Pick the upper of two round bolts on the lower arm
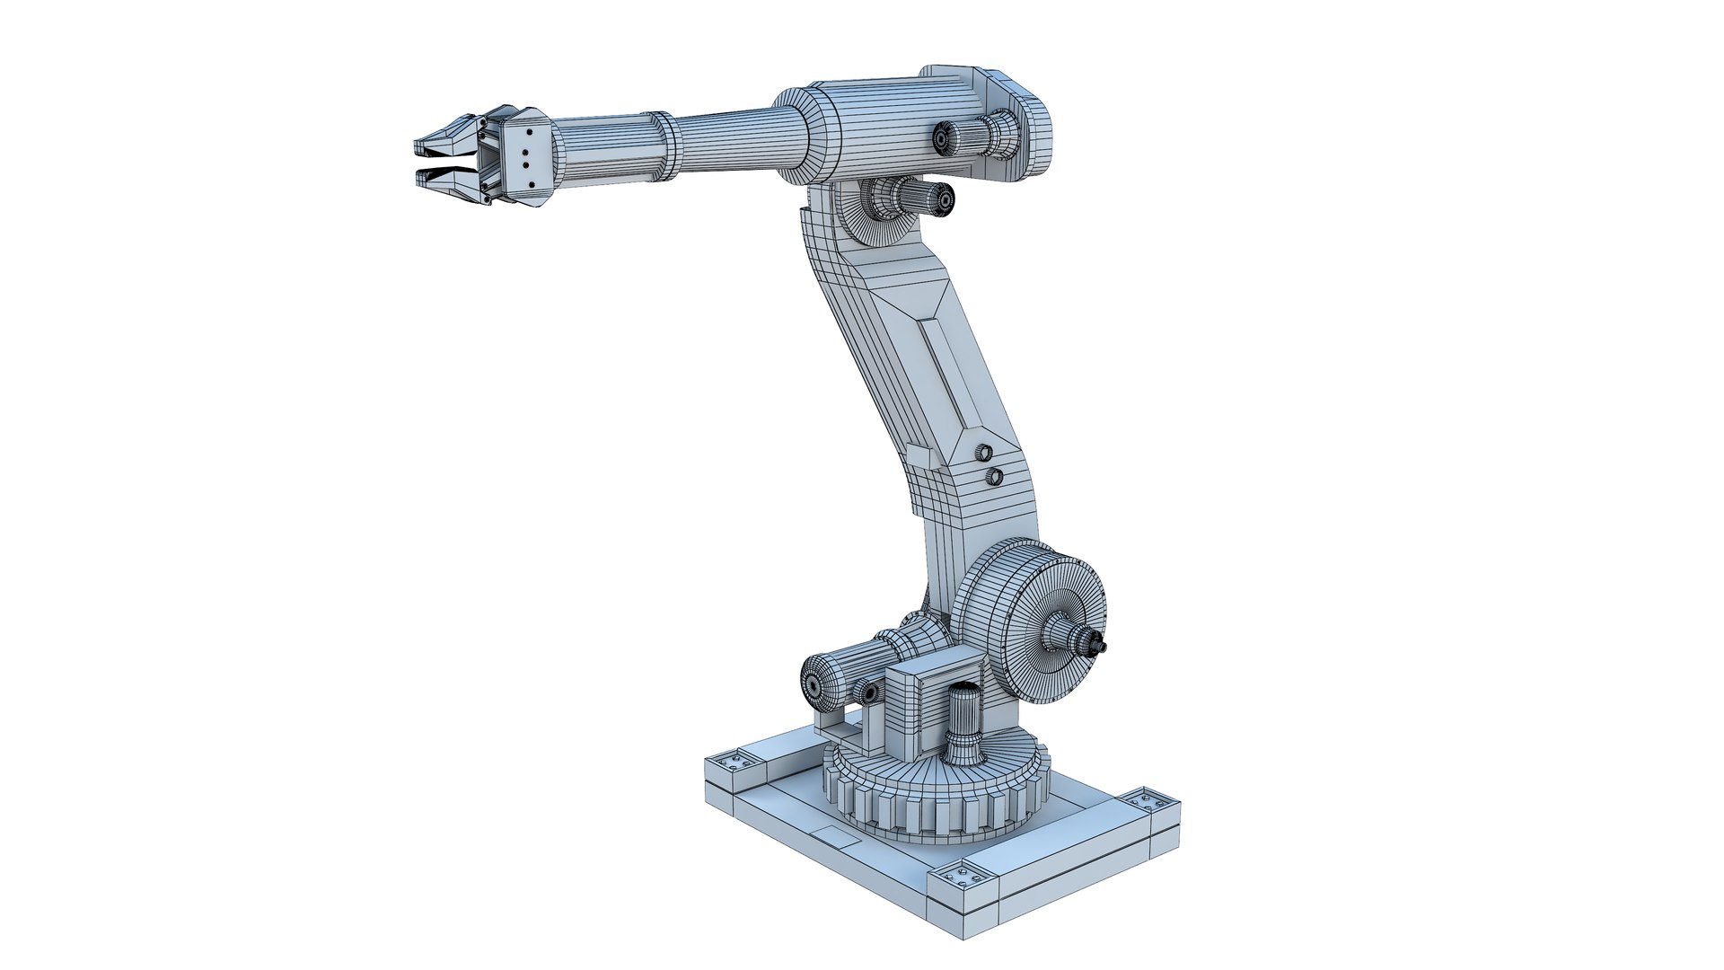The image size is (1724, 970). [x=985, y=451]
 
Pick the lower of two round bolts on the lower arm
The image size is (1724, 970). [x=993, y=477]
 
